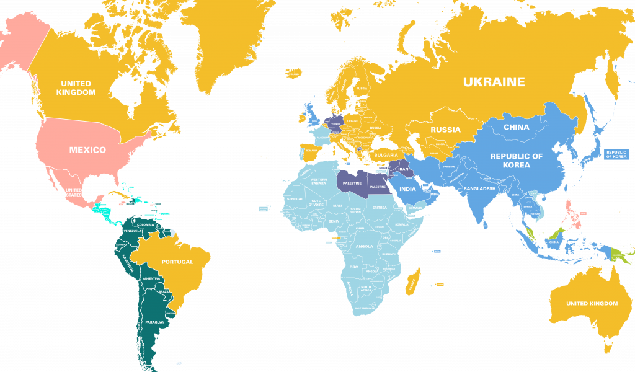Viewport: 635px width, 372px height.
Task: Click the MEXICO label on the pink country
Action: (87, 149)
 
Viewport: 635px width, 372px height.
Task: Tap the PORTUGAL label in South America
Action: (177, 262)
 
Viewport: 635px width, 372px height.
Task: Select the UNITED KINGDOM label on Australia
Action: (592, 303)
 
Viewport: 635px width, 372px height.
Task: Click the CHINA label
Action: (517, 127)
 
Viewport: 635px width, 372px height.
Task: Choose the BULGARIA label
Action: (386, 154)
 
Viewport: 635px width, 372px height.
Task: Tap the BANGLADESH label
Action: (480, 188)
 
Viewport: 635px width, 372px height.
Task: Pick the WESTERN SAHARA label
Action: (318, 182)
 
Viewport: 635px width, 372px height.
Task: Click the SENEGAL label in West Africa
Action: (295, 199)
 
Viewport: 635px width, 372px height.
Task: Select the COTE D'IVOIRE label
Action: (317, 203)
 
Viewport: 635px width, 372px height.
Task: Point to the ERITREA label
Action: (380, 207)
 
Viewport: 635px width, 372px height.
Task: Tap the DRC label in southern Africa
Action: (354, 267)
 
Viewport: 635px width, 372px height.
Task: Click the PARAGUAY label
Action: (154, 322)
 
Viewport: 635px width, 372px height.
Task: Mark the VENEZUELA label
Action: (133, 231)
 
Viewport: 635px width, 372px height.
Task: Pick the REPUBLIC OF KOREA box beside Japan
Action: (616, 154)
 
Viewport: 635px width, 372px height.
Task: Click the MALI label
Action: (337, 205)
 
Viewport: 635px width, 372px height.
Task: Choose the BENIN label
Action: (334, 221)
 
